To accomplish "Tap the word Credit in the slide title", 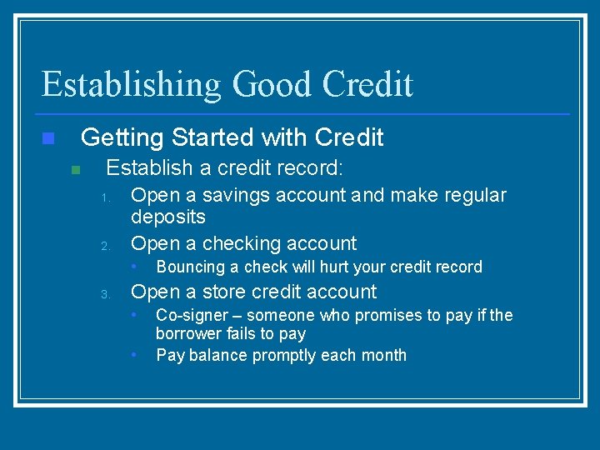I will [x=367, y=85].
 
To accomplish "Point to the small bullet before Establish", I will [x=75, y=169].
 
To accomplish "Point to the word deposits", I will [x=168, y=217].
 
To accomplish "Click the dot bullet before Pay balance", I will [x=136, y=353].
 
